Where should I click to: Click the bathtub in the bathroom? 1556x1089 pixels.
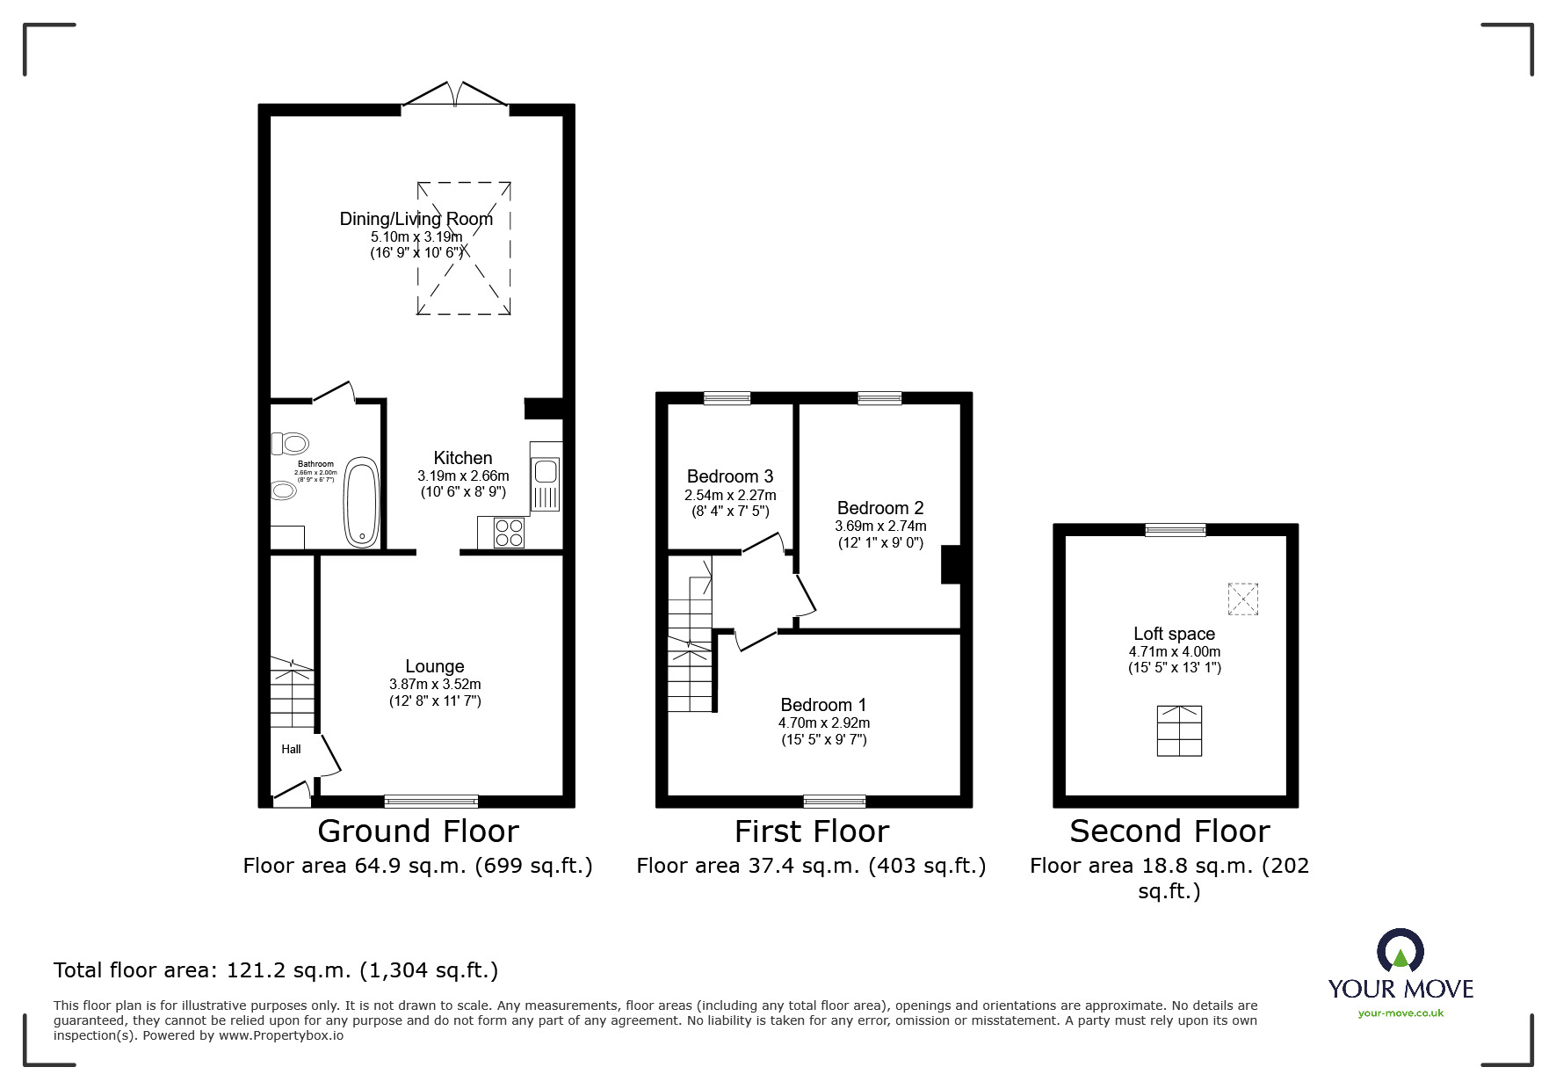click(x=362, y=502)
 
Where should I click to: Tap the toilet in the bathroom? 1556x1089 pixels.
click(x=289, y=443)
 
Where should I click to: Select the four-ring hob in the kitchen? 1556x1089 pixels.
click(x=509, y=533)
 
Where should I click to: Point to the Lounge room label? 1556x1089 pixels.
click(x=435, y=666)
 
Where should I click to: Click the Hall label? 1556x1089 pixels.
click(x=291, y=749)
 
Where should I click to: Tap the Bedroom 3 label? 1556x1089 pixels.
click(x=730, y=476)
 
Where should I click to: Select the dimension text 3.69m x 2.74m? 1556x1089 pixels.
click(x=880, y=526)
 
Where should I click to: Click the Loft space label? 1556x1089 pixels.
click(x=1174, y=634)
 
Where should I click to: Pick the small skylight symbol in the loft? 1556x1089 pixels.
click(x=1242, y=599)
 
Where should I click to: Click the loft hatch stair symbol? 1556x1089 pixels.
click(x=1179, y=730)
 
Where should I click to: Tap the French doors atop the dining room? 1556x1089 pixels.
click(x=455, y=96)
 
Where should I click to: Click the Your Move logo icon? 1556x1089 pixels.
click(x=1400, y=952)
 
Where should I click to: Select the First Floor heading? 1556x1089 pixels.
click(x=812, y=831)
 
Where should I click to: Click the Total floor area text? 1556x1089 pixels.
click(x=276, y=970)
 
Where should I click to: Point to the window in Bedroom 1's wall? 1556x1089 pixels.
click(x=834, y=801)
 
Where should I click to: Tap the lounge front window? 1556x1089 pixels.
click(x=431, y=801)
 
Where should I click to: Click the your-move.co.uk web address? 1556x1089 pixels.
click(x=1400, y=1013)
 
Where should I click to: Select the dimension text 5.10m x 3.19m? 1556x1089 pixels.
click(x=416, y=236)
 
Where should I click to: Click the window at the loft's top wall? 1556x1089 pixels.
click(x=1175, y=529)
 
